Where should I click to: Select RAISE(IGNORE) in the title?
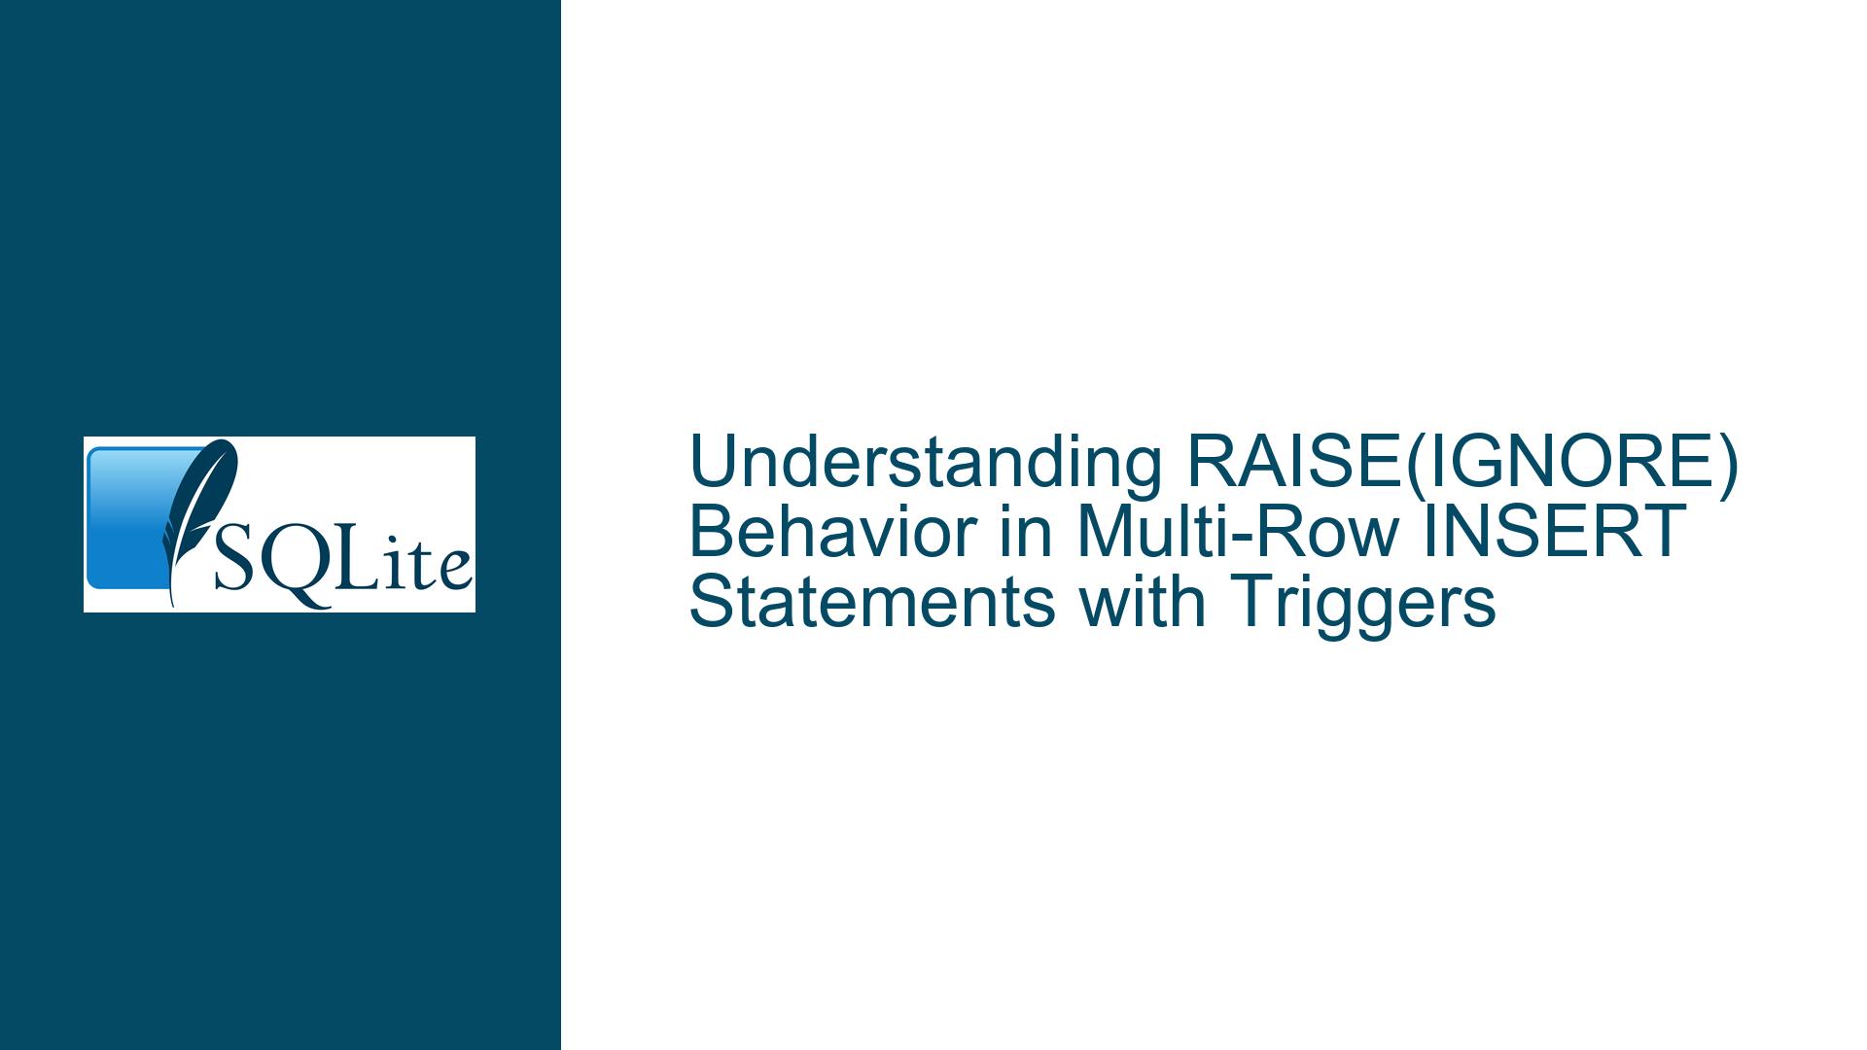click(x=1462, y=463)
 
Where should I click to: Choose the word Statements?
click(x=872, y=602)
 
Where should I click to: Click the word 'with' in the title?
click(x=1132, y=602)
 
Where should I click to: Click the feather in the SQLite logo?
click(x=194, y=515)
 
